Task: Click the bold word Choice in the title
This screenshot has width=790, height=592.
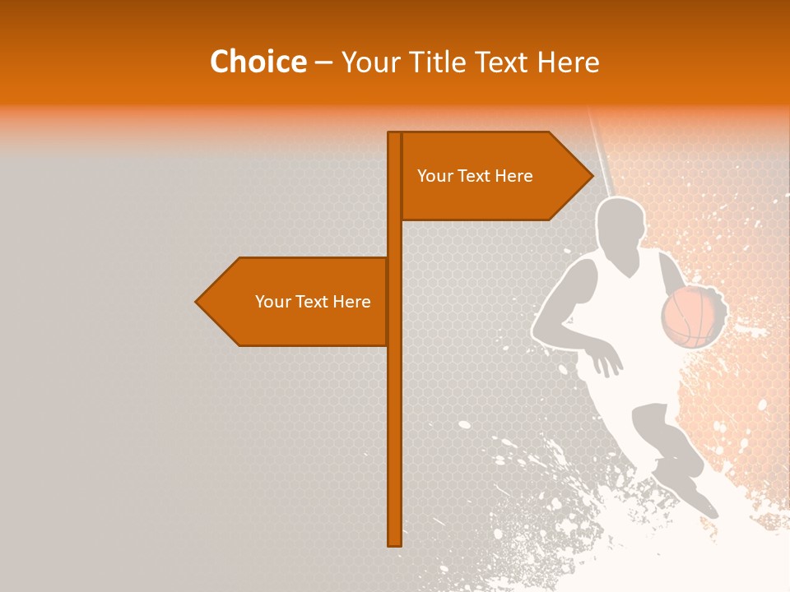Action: [258, 62]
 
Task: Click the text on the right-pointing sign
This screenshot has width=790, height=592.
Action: [475, 176]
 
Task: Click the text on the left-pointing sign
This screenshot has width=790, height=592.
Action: [313, 302]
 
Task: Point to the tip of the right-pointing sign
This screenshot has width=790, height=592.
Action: [592, 175]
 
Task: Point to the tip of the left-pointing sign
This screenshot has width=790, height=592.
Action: [197, 302]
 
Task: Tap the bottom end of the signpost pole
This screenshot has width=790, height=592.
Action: [395, 543]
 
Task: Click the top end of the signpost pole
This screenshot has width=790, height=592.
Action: [395, 134]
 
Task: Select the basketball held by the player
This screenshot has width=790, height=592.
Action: [691, 316]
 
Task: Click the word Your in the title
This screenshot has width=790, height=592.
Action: [369, 62]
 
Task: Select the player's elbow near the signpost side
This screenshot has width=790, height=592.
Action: [539, 333]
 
